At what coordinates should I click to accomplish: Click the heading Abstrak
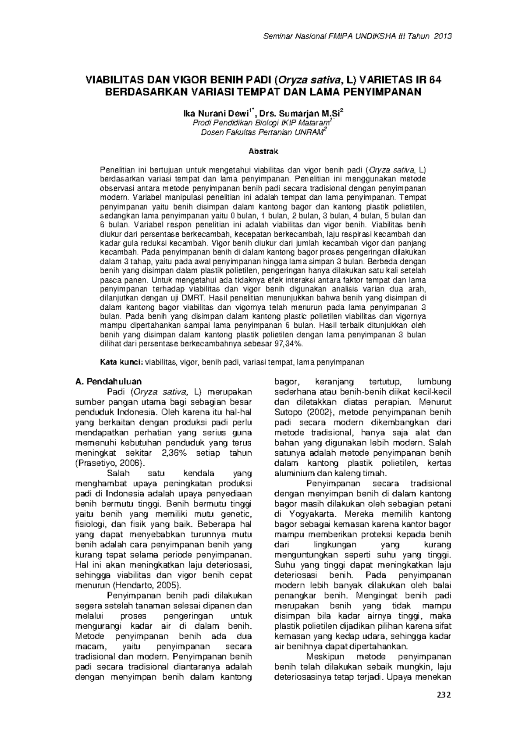coord(263,152)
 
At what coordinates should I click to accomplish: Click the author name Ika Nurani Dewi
coord(215,115)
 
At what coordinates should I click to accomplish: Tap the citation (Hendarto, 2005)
coord(147,585)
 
